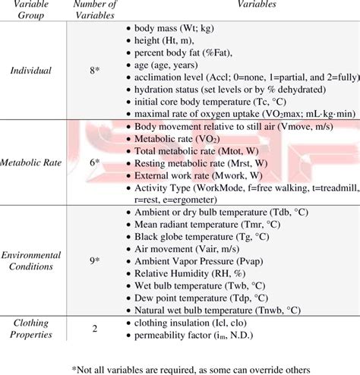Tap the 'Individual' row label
[31, 71]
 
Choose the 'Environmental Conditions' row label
[31, 260]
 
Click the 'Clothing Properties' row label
[31, 328]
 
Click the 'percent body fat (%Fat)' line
[182, 54]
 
